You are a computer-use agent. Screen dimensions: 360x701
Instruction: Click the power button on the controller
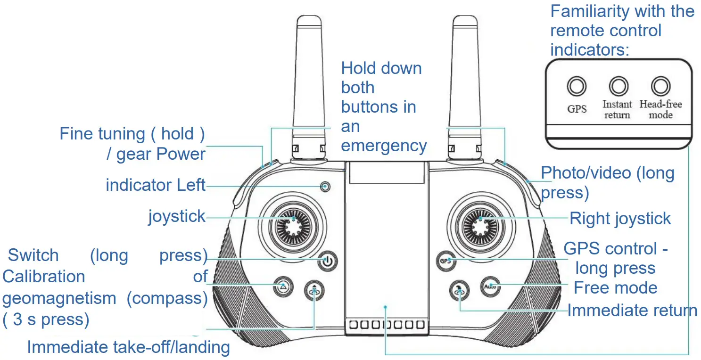pos(328,261)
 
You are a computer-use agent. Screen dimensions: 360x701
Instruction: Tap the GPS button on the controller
pos(445,261)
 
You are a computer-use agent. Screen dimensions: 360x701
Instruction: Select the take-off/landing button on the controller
pos(314,289)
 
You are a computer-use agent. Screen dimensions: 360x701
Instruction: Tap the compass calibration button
pos(282,286)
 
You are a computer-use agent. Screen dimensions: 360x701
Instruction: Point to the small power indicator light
pos(325,187)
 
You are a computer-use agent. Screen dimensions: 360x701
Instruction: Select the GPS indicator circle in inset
pos(577,87)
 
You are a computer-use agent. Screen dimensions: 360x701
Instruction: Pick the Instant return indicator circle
pos(619,87)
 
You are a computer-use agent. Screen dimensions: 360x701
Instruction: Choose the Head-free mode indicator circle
pos(660,87)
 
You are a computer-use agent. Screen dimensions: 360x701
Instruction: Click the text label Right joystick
pos(620,219)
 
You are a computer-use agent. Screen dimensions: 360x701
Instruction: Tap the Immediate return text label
pos(632,311)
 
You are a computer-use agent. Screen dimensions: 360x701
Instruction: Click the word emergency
pos(384,146)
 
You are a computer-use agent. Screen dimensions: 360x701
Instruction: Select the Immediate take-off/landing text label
pos(128,347)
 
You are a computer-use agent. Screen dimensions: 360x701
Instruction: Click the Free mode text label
pos(615,287)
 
